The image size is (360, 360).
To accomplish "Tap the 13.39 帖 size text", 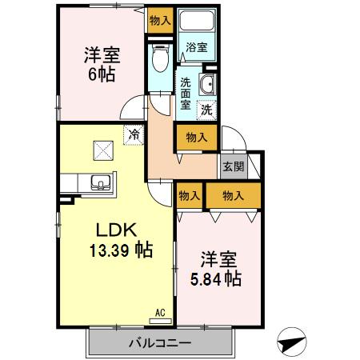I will (121, 250).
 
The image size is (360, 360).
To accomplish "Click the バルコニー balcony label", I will (160, 344).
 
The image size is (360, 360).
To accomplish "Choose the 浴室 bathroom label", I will (196, 47).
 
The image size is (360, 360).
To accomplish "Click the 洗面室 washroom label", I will (185, 92).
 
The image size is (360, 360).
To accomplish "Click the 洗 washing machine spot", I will (206, 109).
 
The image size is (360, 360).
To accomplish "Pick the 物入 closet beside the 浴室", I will (160, 20).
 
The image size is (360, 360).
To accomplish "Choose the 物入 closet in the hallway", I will (196, 137).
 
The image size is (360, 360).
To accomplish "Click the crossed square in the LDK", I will (103, 148).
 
